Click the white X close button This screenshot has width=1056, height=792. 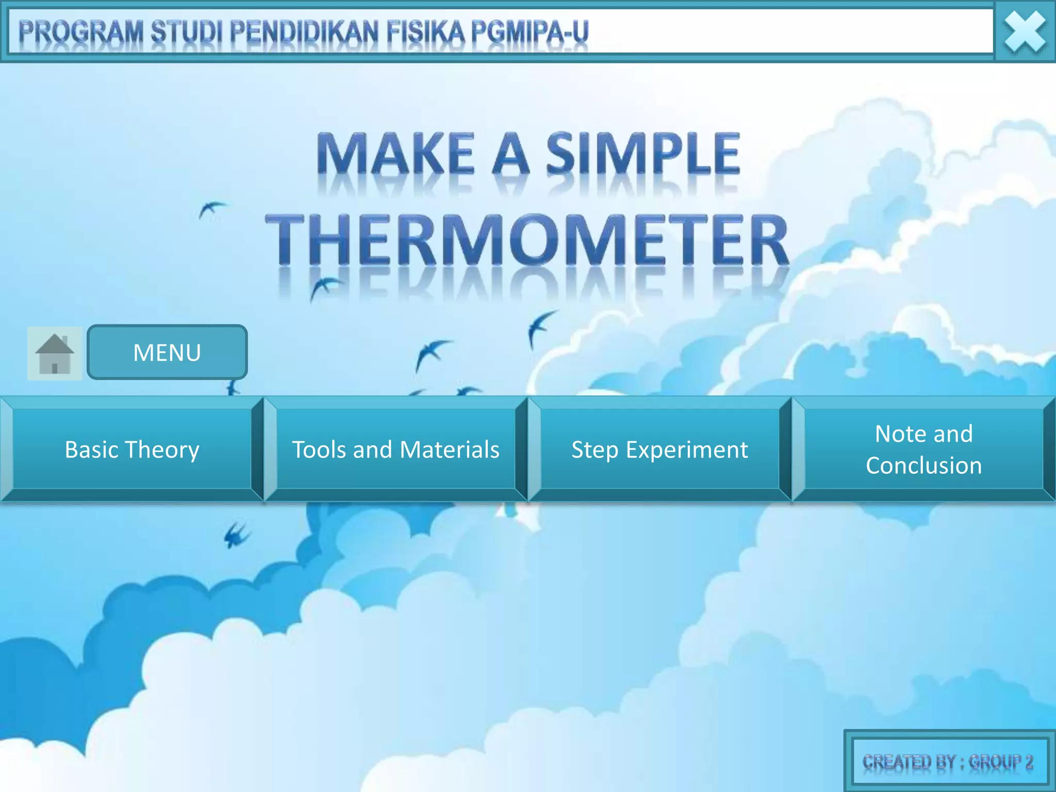[x=1025, y=32]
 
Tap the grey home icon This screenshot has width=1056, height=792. [x=55, y=354]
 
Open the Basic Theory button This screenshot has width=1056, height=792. [x=132, y=449]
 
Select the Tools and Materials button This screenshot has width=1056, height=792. [x=395, y=449]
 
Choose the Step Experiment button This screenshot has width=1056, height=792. [x=659, y=449]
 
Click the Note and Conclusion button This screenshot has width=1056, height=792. [x=923, y=449]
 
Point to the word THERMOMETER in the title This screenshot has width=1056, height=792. [x=527, y=240]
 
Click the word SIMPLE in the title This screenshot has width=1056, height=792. [x=643, y=153]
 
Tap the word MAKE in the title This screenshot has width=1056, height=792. [x=395, y=153]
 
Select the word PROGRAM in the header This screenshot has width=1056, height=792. [x=81, y=32]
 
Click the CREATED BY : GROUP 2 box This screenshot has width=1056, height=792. [x=948, y=762]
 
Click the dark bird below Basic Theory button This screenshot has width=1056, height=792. [x=237, y=535]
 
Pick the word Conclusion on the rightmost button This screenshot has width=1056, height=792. [x=923, y=466]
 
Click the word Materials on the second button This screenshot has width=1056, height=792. [x=450, y=449]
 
